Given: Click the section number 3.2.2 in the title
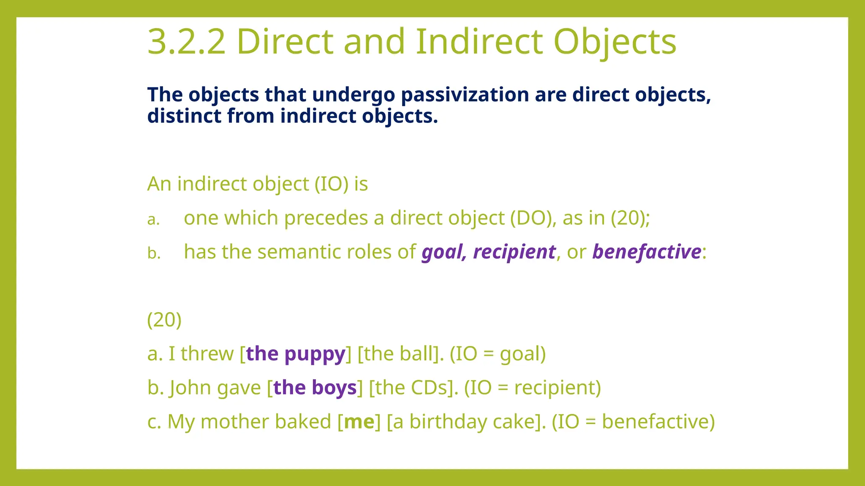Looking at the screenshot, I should click(x=187, y=42).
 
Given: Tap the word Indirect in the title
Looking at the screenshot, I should click(x=479, y=42).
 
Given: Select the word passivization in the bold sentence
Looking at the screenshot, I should click(x=465, y=94).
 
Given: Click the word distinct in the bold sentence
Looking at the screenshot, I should click(x=184, y=116).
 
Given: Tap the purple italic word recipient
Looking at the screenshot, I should click(x=514, y=252).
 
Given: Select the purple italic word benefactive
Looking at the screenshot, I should click(x=647, y=252).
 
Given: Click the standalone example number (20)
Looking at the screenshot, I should click(x=164, y=320).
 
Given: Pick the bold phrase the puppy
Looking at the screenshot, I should click(x=296, y=354).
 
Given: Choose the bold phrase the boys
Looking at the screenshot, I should click(x=315, y=388).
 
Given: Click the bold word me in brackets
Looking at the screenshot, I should click(x=359, y=422).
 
